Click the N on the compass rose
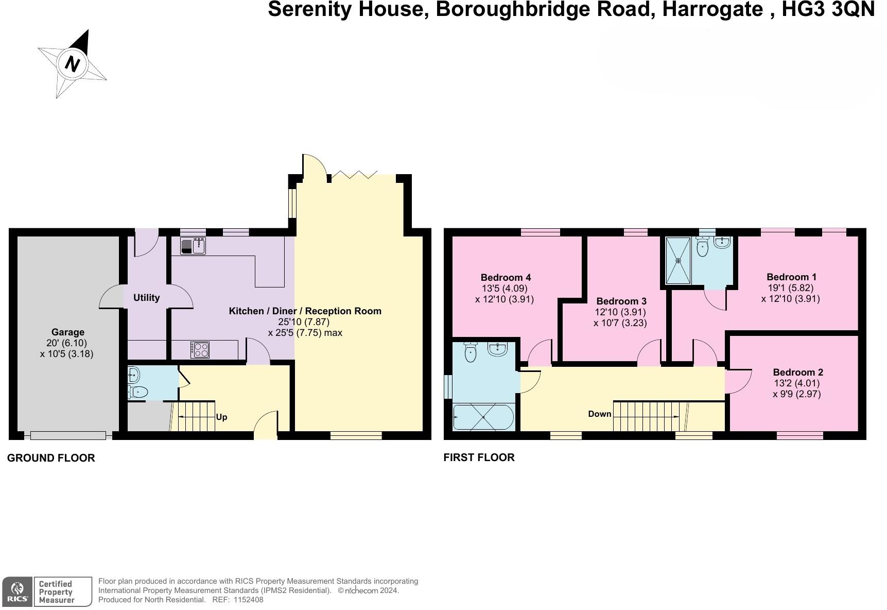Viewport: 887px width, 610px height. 73,64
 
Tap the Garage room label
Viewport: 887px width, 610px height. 67,332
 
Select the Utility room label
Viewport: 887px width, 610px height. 146,298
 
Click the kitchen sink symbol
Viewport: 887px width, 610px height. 193,246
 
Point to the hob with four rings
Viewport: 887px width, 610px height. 200,350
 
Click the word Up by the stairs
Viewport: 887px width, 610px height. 221,417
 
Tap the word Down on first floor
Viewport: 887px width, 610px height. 600,414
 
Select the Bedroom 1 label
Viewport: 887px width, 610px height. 791,277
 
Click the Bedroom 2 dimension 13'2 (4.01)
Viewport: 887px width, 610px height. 797,383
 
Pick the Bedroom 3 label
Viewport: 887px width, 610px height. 621,301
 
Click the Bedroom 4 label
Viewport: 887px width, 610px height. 506,278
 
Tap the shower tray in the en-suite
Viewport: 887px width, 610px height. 679,260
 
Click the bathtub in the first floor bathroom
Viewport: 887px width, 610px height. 483,417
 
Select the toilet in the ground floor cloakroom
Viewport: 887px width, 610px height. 138,393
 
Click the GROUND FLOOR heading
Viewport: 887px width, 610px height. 51,458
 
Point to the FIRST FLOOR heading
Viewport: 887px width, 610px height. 479,458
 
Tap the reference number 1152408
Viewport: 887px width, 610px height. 248,600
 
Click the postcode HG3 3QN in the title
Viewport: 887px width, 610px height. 828,10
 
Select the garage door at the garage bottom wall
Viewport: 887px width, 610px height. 68,436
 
